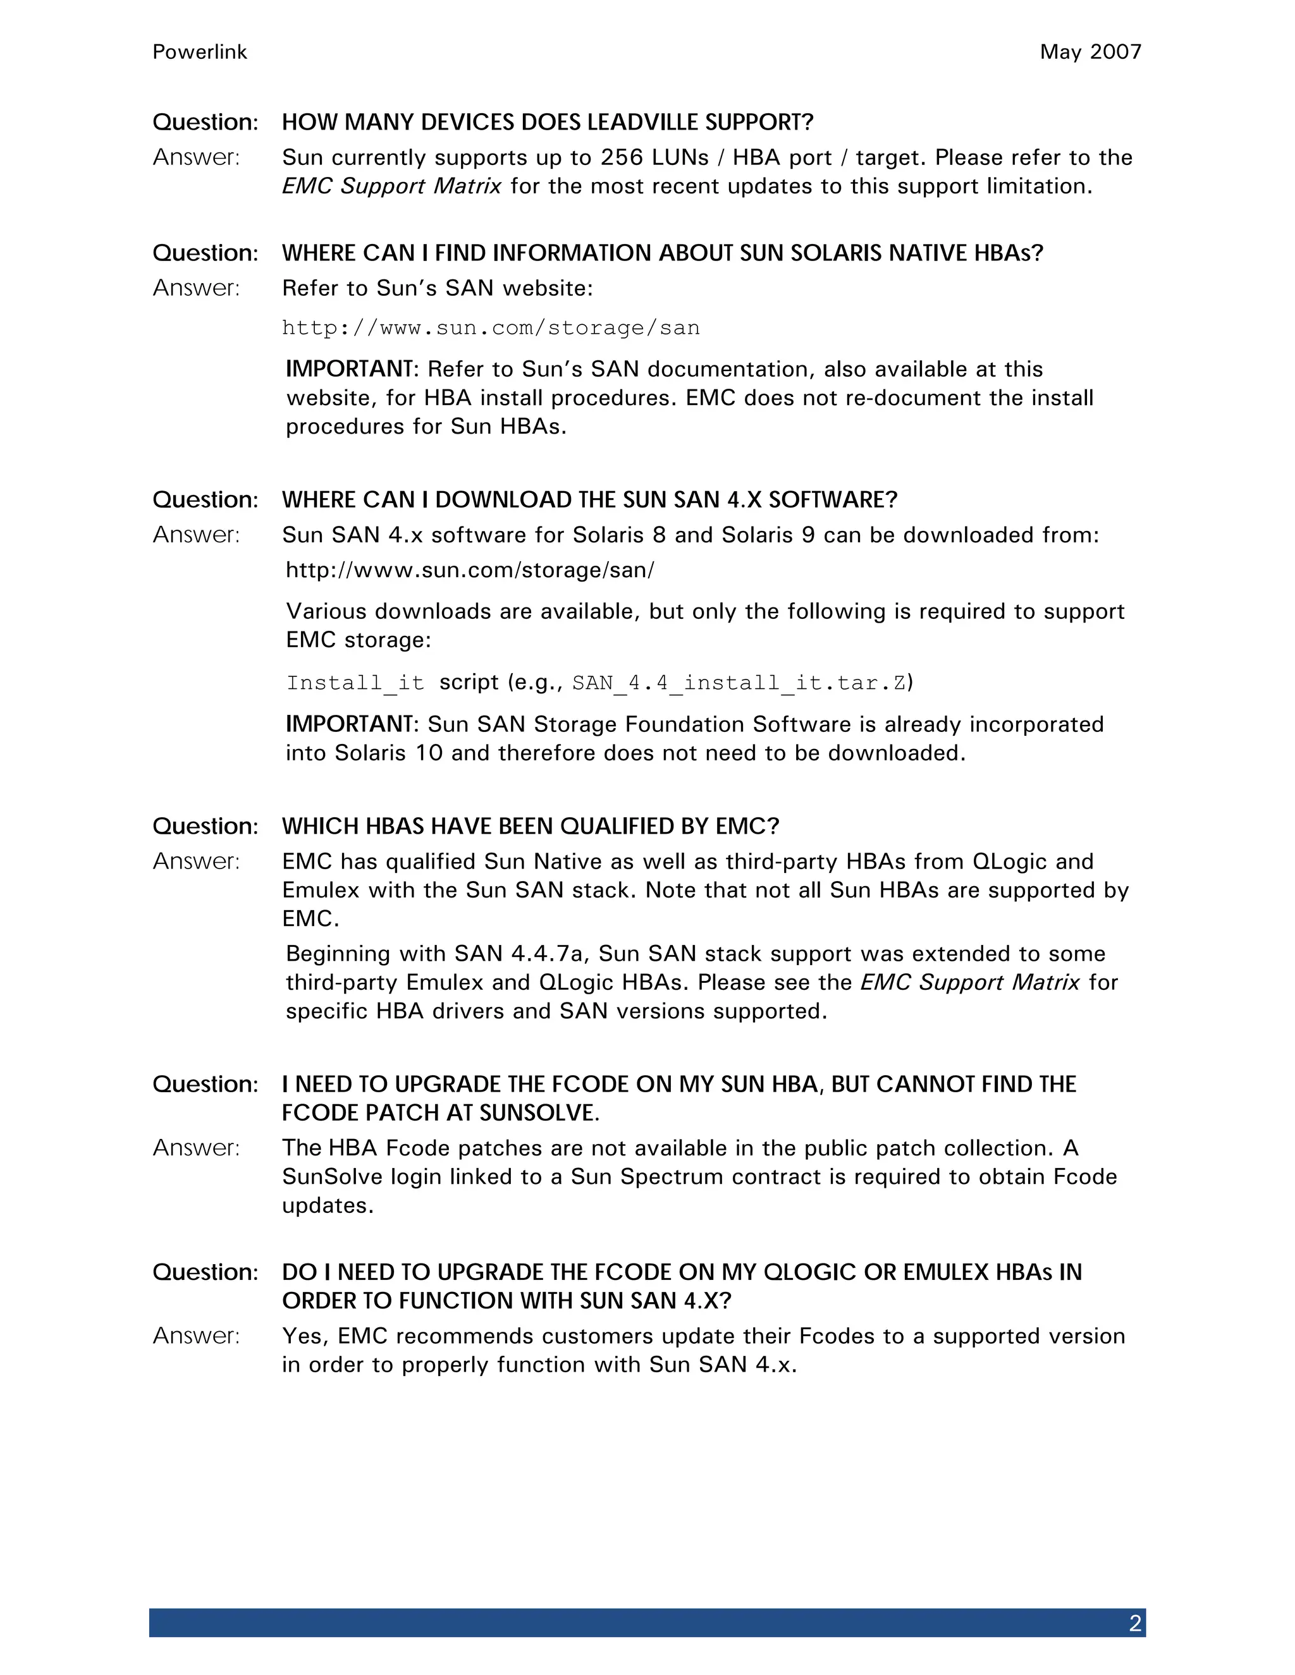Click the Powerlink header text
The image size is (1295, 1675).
(x=199, y=52)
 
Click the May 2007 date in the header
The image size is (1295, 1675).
(x=1090, y=52)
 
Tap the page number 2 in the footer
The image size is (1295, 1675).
(x=1134, y=1624)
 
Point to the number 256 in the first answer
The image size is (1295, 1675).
(x=622, y=158)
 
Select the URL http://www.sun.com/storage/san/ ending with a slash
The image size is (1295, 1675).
(x=470, y=571)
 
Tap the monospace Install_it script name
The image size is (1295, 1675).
(x=355, y=683)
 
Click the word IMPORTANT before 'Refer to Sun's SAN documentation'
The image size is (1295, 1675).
(x=350, y=370)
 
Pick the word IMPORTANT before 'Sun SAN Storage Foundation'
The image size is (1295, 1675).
(x=350, y=725)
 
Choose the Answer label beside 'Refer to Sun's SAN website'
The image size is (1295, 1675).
(x=197, y=288)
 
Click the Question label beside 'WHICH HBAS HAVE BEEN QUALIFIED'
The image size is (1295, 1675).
(x=205, y=827)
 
